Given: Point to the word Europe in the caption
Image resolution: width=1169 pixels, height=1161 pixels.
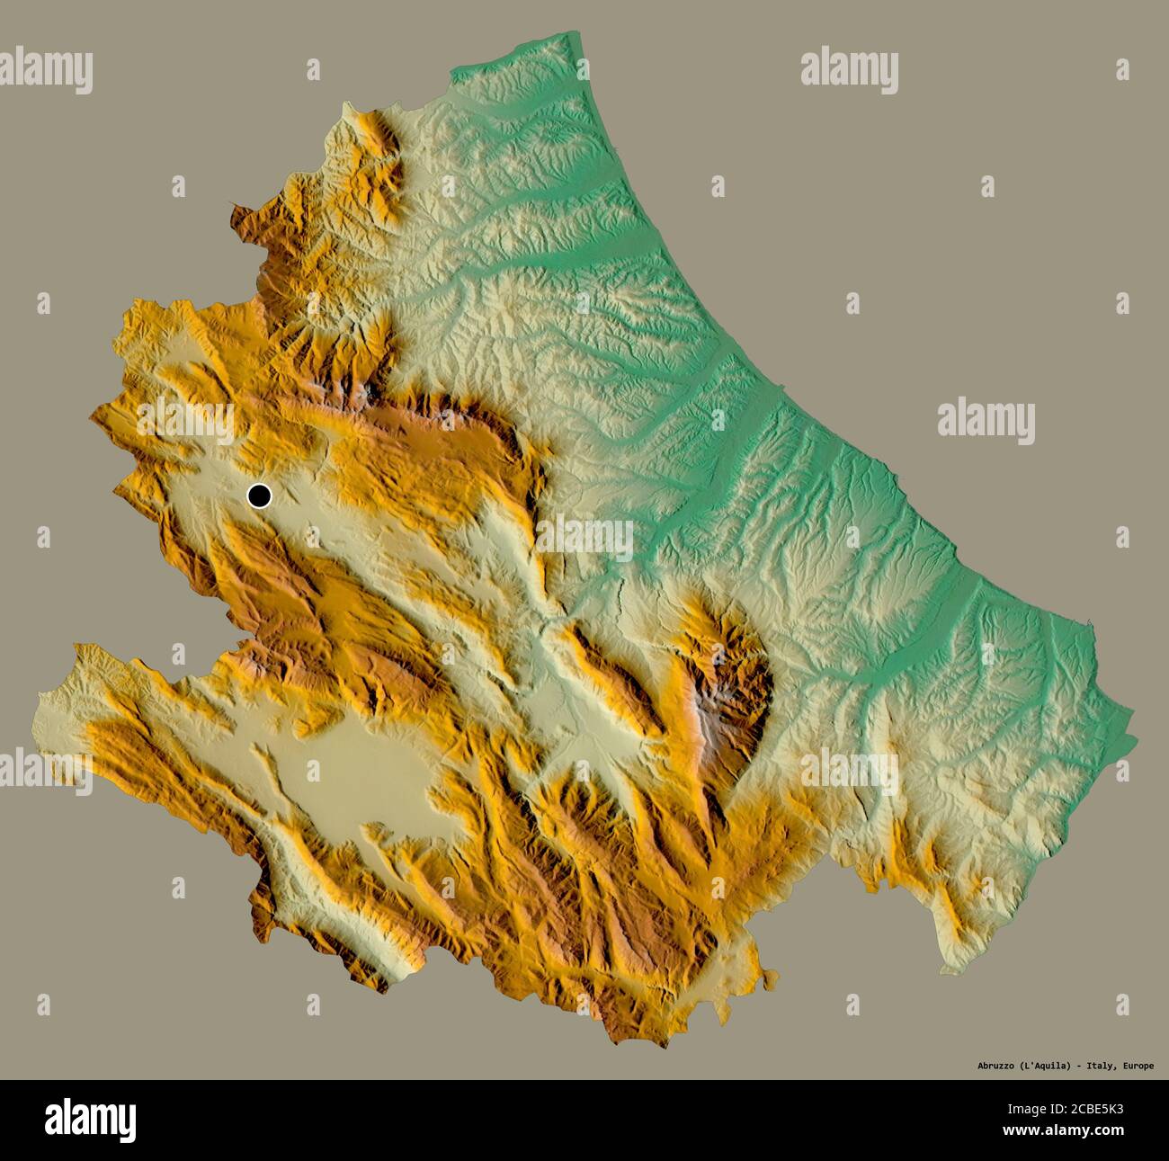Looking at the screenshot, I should click(1138, 1066).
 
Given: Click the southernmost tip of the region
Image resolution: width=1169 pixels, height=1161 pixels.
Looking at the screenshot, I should click(617, 1043).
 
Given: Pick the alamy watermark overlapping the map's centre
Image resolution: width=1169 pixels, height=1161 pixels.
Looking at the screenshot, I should click(584, 537).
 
